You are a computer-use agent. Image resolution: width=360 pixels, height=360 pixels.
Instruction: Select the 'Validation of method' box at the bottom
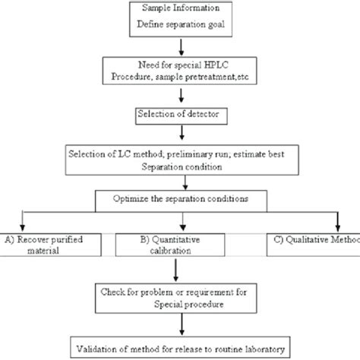click(180, 349)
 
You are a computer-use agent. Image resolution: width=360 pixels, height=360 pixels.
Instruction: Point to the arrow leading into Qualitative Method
click(338, 221)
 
